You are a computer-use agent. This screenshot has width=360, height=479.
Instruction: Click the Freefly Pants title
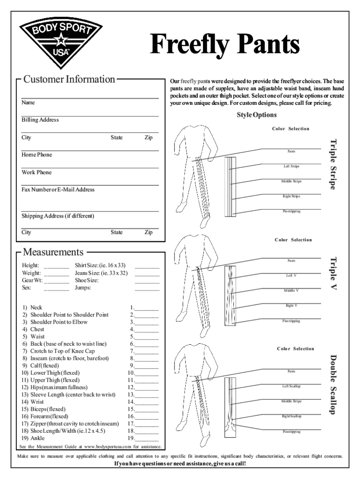pos(224,45)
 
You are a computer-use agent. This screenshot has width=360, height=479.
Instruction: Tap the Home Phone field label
pos(37,155)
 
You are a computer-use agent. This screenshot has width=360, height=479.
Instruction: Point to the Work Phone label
pos(36,173)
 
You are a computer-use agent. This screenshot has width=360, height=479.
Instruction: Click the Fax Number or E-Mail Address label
pos(58,190)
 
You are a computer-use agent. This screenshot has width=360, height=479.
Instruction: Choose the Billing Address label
pos(40,120)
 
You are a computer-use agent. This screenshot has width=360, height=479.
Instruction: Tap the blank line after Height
pos(57,266)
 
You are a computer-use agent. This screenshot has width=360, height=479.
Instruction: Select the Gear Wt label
pos(32,280)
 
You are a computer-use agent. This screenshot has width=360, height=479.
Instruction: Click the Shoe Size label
pos(86,280)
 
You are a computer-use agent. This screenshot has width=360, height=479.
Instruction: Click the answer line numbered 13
pos(146,395)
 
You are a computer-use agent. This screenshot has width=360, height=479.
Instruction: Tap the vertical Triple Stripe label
pos(333,164)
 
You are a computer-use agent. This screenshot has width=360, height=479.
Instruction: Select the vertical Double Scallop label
pos(333,385)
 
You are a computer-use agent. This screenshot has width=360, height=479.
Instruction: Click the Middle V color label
pos(291,290)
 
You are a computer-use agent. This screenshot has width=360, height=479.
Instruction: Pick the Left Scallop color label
pos(291,386)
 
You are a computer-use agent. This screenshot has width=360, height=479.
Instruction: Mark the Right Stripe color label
pos(291,196)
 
